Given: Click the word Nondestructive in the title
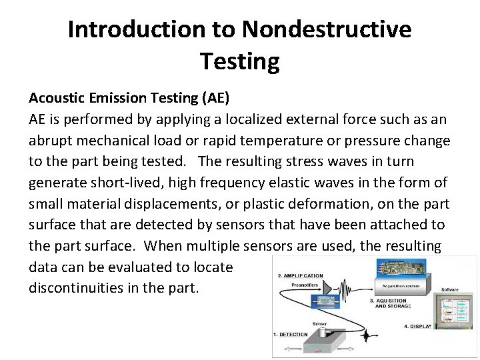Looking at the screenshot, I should tap(327, 30).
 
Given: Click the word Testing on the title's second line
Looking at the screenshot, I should tap(239, 62).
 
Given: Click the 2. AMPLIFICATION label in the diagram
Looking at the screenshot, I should tap(299, 276).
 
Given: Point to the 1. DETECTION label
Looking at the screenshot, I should tap(290, 334).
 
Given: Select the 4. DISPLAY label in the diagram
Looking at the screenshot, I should tap(419, 327).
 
